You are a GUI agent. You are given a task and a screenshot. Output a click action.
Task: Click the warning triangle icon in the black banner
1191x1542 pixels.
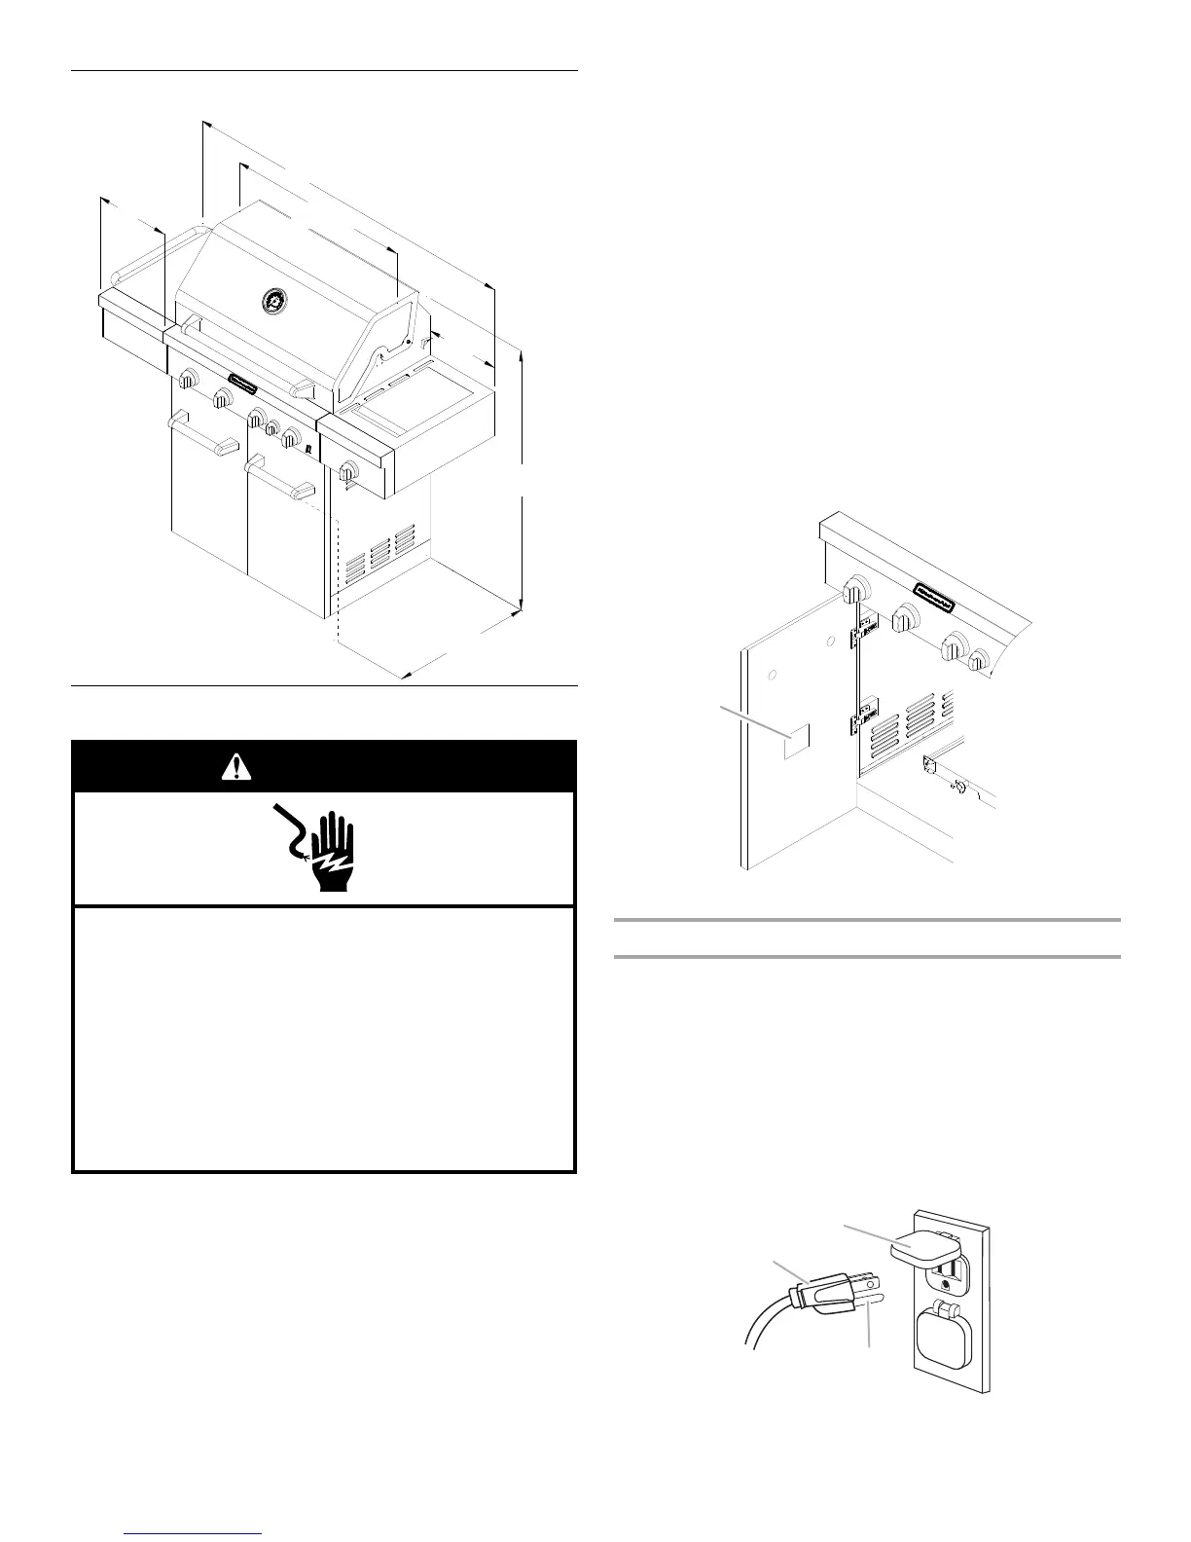(235, 767)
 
